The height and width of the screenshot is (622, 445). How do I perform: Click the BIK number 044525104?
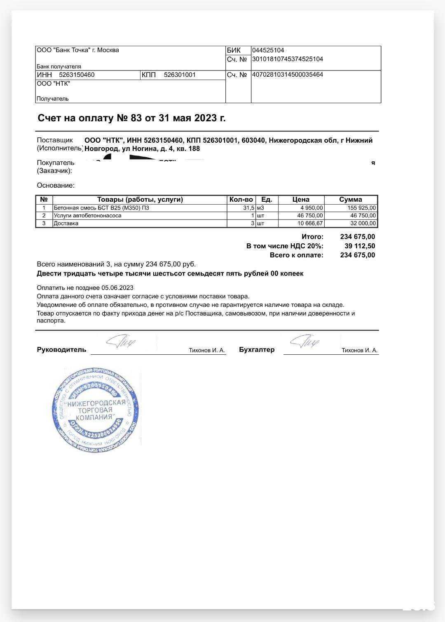[x=268, y=50]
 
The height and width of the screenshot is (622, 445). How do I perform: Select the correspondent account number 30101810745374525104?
[x=288, y=59]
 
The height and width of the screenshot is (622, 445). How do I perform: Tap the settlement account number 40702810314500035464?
[x=288, y=75]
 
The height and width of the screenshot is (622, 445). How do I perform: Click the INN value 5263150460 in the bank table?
[x=77, y=75]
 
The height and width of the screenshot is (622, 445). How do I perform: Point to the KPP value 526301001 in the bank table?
[x=180, y=75]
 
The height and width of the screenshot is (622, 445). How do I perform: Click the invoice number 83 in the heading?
[x=136, y=118]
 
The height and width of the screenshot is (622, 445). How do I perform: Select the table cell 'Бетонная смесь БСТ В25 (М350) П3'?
[x=101, y=208]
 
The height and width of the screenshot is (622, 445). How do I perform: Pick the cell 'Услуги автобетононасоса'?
[x=87, y=215]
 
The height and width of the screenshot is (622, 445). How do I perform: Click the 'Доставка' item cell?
[x=66, y=223]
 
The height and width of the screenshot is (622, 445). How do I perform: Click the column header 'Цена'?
[x=301, y=200]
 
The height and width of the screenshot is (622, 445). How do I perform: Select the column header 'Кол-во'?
[x=241, y=200]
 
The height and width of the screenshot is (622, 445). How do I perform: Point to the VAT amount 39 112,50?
[x=360, y=246]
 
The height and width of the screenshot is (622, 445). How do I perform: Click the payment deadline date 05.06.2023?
[x=117, y=288]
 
